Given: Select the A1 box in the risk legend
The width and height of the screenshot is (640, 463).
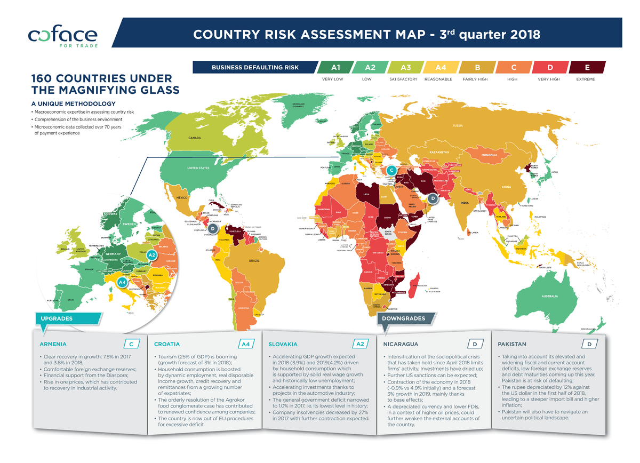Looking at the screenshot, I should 335,67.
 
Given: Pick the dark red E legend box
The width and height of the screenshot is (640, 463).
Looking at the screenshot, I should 587,67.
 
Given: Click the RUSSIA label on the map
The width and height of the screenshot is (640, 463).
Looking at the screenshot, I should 458,126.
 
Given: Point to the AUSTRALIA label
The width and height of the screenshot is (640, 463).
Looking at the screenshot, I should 549,296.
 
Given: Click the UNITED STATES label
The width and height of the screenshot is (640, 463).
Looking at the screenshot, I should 198,169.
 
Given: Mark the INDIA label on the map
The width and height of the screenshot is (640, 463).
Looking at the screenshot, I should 464,203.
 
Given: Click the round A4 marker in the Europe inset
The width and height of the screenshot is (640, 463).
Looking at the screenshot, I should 122,281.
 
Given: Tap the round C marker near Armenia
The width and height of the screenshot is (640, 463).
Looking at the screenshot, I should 391,170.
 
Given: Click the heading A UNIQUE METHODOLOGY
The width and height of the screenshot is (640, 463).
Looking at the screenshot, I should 74,103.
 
